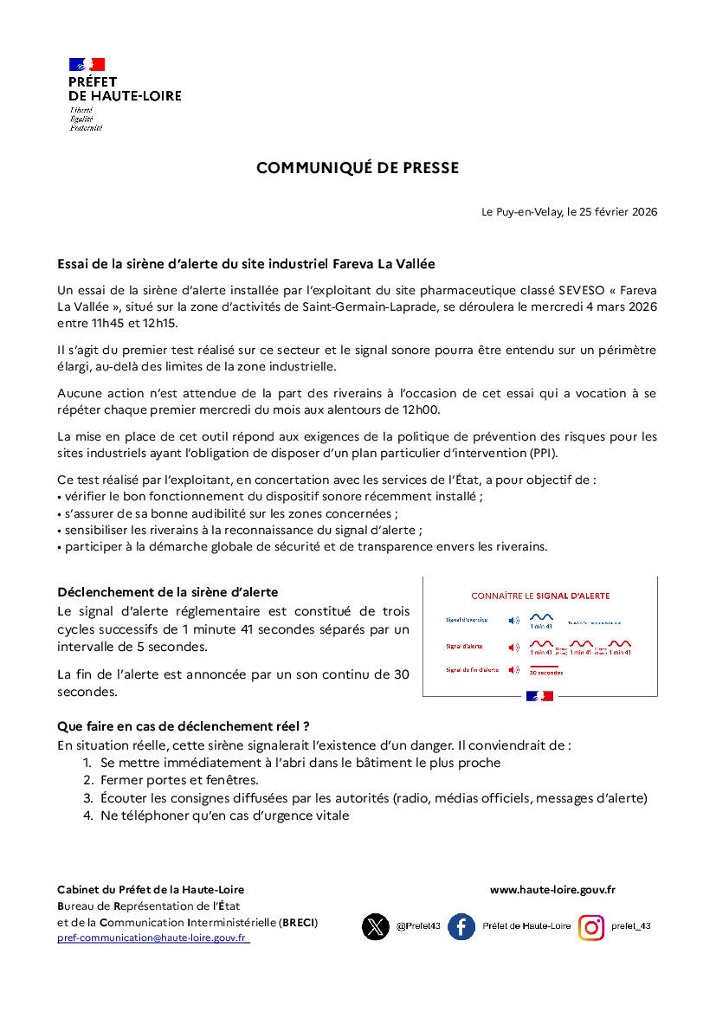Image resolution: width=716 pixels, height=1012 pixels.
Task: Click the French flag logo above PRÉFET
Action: tap(87, 65)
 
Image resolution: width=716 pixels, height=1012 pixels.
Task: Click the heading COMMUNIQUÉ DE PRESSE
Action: tap(357, 168)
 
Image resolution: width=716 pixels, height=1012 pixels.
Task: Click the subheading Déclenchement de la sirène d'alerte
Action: tap(167, 592)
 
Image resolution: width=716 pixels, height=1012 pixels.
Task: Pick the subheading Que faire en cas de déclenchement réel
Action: tap(183, 725)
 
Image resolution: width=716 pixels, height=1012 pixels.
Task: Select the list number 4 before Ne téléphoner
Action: tap(87, 815)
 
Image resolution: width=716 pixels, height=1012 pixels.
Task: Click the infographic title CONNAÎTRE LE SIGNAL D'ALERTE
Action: tap(540, 596)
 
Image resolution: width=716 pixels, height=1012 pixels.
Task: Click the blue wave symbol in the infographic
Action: tap(541, 617)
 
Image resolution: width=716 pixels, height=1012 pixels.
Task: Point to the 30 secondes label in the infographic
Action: tap(545, 673)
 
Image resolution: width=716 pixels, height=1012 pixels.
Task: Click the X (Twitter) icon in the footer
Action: tap(376, 927)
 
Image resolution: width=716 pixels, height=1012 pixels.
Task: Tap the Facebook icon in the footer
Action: tap(461, 927)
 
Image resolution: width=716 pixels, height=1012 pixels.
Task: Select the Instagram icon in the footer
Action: tap(591, 927)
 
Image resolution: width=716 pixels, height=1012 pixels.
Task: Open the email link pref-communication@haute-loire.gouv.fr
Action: tap(152, 938)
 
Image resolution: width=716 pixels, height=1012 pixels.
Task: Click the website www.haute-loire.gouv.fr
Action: tap(552, 889)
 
